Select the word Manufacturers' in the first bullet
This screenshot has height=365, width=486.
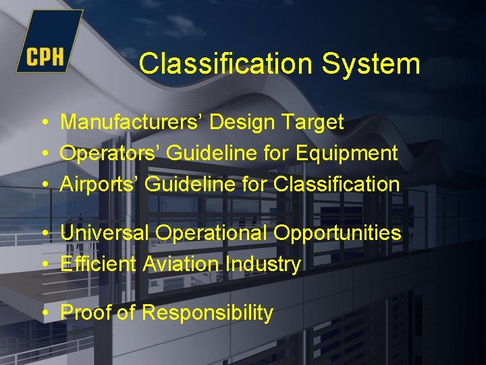(x=132, y=122)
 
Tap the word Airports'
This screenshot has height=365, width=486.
(x=101, y=184)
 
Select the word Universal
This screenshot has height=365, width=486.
(x=105, y=233)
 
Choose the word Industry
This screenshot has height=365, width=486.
(x=259, y=264)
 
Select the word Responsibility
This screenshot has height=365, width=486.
(x=207, y=314)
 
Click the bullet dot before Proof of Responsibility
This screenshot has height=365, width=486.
(x=44, y=314)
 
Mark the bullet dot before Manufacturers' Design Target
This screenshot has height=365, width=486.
(x=44, y=123)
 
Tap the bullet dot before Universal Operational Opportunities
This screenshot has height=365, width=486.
(x=44, y=234)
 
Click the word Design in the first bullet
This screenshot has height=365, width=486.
(x=242, y=123)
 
